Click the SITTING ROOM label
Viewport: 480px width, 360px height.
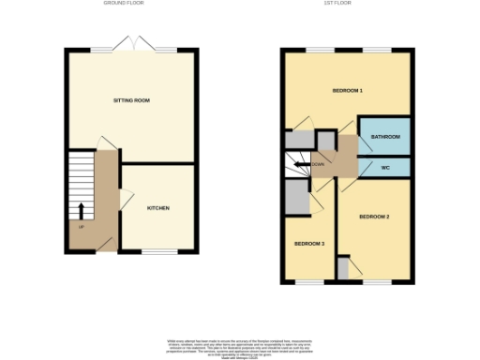(x=131, y=99)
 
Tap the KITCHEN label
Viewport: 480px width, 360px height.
(x=157, y=207)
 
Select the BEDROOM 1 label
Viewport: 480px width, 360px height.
(x=347, y=91)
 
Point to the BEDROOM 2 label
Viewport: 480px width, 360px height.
(x=374, y=217)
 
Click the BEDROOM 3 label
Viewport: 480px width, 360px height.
(x=309, y=244)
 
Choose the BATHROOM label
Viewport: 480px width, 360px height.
(x=385, y=138)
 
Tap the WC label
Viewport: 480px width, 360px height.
(x=384, y=167)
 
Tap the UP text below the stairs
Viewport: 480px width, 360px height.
(x=82, y=227)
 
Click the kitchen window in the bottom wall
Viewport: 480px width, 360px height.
(x=159, y=251)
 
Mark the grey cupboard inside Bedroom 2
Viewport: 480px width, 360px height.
(x=343, y=268)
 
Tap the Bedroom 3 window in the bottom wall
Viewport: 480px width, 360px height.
(x=309, y=280)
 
